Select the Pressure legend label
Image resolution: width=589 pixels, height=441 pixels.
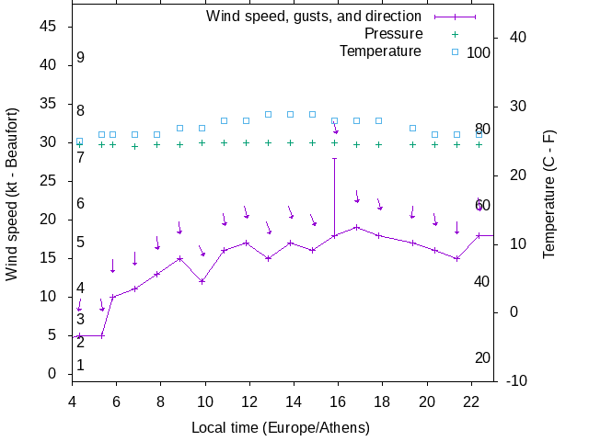[x=393, y=34]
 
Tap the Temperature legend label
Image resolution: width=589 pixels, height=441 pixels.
[x=380, y=51]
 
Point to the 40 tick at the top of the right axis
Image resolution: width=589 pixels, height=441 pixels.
[x=517, y=38]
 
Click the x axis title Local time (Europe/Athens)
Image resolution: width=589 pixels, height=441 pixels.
[x=281, y=427]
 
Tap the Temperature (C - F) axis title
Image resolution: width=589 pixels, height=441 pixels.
[x=549, y=193]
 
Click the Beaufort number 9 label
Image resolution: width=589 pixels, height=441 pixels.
[x=81, y=58]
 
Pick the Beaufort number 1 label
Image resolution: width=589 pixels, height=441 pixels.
[x=81, y=366]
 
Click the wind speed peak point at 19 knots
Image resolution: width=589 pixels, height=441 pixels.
[x=356, y=227]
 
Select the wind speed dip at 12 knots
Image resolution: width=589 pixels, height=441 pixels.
[x=202, y=281]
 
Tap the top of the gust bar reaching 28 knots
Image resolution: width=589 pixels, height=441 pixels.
[x=334, y=158]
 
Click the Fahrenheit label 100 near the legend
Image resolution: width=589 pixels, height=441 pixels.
[x=479, y=52]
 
